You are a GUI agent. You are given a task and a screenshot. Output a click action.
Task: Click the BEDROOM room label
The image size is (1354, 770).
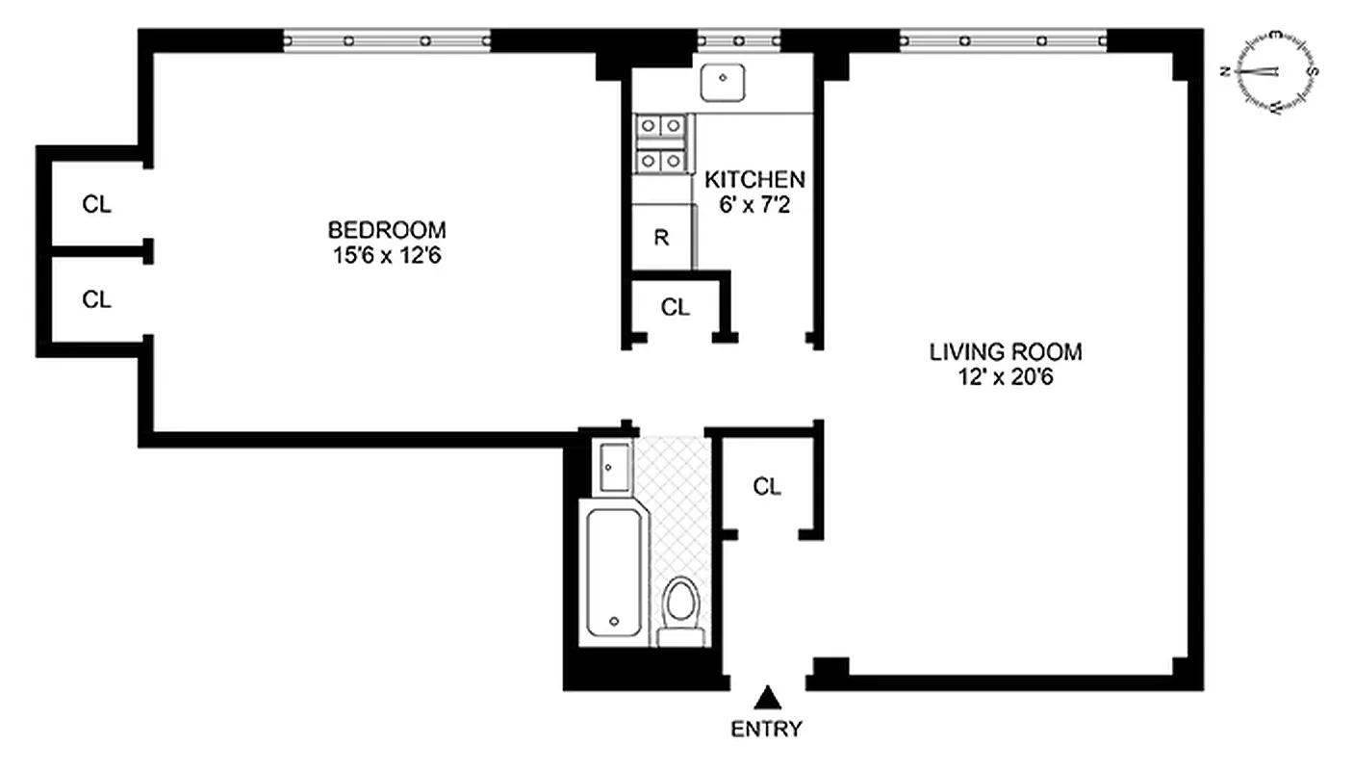coord(387,231)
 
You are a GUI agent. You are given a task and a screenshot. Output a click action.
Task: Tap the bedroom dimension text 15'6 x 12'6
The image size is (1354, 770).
coord(387,257)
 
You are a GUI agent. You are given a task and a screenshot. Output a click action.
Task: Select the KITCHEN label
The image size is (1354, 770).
coord(754,180)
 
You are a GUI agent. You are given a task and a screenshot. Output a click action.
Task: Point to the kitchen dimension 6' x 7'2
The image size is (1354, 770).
coord(754,205)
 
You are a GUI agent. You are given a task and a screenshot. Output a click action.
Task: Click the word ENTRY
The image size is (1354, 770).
coord(766,729)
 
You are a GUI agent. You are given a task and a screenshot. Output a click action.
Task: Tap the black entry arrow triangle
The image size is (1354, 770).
coord(766,697)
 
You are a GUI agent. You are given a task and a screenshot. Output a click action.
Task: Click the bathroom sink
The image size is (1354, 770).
coord(612,467)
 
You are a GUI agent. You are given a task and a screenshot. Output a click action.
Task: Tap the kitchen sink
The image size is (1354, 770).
coord(722,82)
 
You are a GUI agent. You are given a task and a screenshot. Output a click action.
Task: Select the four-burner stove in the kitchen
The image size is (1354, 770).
coord(662,143)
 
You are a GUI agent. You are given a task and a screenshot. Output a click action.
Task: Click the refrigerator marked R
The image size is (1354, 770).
coord(662,238)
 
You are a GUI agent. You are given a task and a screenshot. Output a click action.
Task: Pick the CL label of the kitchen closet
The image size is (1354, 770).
coord(676,308)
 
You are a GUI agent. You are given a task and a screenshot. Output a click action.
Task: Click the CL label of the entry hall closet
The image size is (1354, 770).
coord(766,487)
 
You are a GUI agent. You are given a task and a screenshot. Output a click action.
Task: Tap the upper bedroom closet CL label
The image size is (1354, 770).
coord(96,204)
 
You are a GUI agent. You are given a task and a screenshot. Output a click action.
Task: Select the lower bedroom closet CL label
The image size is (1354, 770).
coord(96,299)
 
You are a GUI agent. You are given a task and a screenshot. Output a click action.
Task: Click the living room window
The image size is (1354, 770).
coord(1003,40)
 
